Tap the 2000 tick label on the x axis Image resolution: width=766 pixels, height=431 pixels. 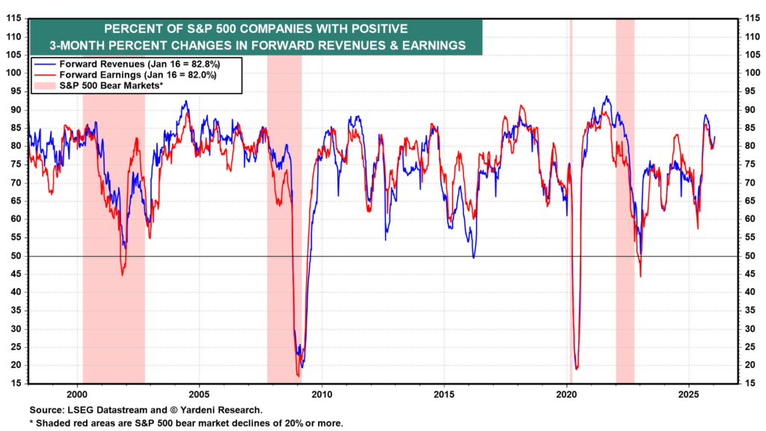[x=76, y=394]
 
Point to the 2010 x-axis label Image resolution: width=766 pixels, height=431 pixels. [x=322, y=394]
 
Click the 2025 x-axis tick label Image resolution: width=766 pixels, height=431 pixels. [x=689, y=394]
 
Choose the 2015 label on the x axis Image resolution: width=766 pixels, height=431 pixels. [x=444, y=394]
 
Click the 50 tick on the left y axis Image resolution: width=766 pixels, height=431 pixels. [x=15, y=256]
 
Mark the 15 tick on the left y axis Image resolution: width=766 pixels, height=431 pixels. [x=15, y=384]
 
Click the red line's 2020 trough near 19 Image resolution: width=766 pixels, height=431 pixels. [x=577, y=368]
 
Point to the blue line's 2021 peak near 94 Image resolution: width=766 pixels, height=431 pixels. [x=606, y=97]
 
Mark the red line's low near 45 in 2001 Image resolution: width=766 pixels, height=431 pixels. [x=123, y=274]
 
